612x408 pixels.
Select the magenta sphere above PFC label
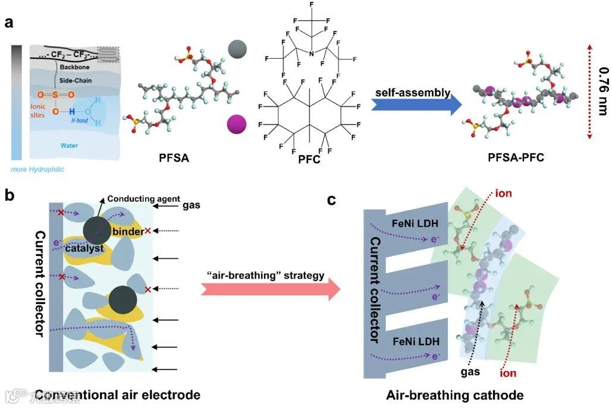pos(236,125)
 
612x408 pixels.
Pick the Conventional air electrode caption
pos(117,394)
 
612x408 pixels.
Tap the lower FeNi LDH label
pos(408,342)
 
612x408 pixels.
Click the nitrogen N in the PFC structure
pos(310,53)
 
